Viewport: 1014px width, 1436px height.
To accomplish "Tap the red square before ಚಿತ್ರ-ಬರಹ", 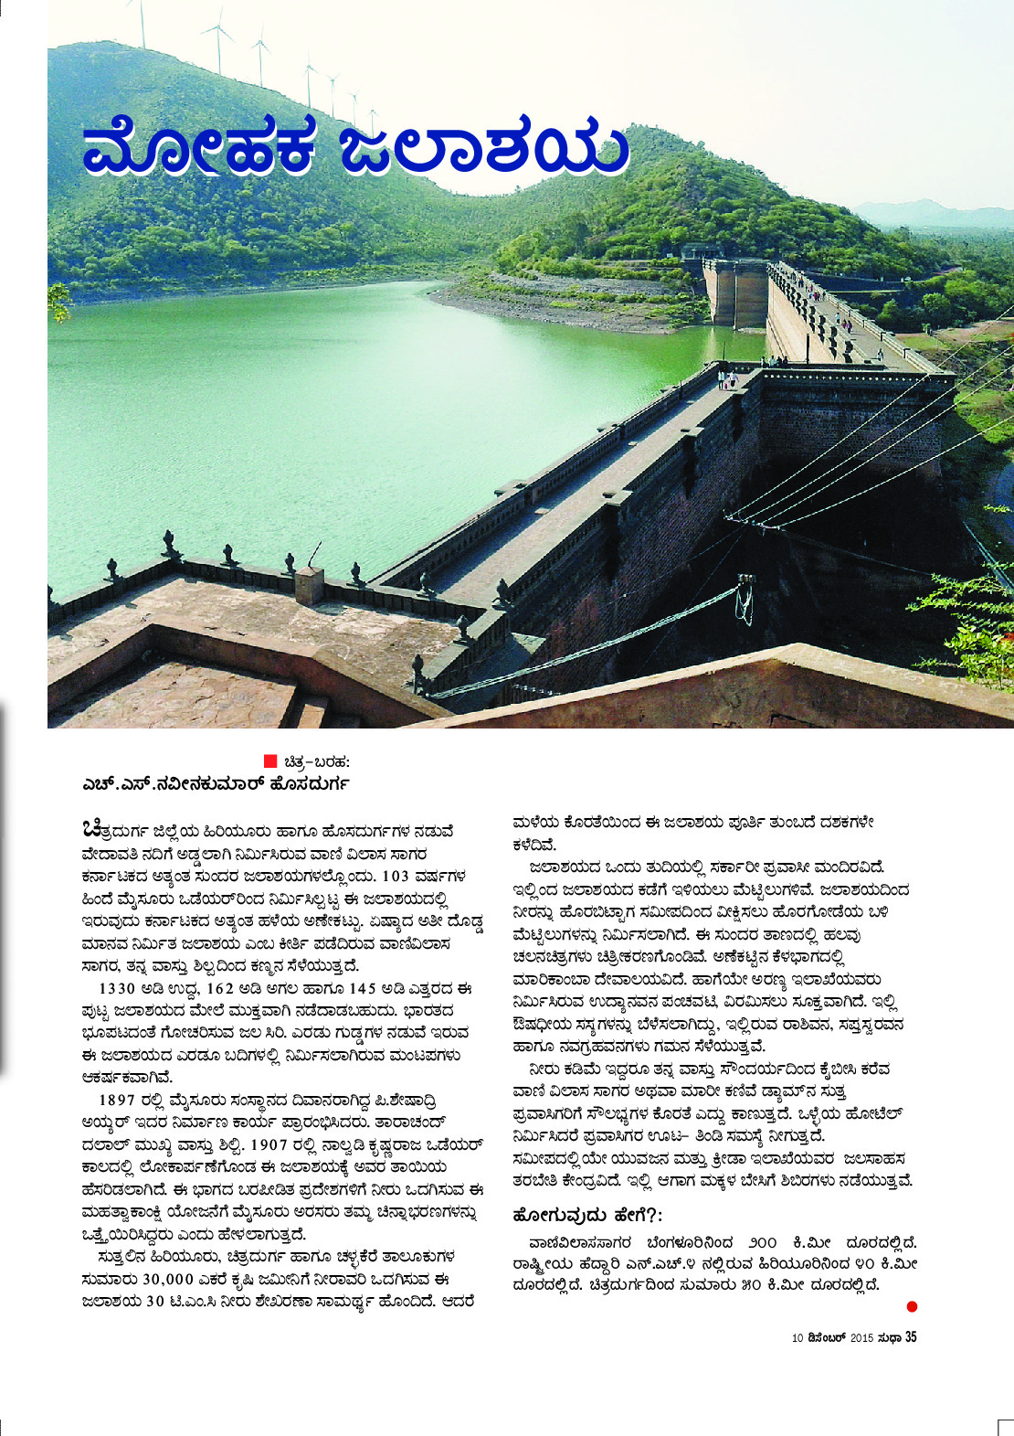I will (269, 761).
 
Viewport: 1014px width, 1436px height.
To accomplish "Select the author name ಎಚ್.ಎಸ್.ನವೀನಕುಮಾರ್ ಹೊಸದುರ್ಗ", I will (216, 784).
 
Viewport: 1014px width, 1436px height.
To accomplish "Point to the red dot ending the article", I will (911, 1307).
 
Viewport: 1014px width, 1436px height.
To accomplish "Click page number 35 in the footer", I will (910, 1337).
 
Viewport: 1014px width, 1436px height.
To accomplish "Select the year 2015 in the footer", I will (862, 1338).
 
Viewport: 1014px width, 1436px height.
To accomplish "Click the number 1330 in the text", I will (117, 988).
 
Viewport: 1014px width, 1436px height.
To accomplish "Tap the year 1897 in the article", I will (117, 1100).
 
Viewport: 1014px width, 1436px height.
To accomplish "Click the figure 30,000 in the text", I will (143, 1279).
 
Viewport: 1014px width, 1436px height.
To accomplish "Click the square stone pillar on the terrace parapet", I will (309, 584).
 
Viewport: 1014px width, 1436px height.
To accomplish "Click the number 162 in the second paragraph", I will (221, 988).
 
